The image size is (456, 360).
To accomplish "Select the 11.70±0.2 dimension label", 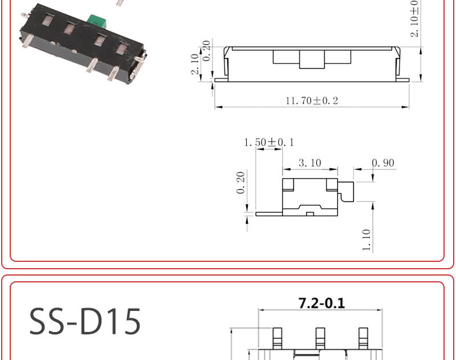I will (312, 101).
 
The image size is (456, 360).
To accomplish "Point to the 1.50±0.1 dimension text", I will (269, 142).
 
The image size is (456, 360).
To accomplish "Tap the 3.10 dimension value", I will (310, 163).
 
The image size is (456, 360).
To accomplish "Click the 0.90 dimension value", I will (383, 163).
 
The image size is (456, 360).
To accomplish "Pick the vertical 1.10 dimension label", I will (366, 240).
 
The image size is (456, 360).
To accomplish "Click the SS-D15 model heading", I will (85, 321).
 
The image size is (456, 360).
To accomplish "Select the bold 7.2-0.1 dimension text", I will (321, 303).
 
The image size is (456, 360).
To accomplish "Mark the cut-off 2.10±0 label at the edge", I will (414, 18).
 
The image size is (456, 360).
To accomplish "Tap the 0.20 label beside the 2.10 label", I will (206, 50).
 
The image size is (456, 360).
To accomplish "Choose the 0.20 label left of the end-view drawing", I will (241, 183).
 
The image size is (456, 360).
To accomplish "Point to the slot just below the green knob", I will (99, 40).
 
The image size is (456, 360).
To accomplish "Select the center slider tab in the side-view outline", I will (299, 58).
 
